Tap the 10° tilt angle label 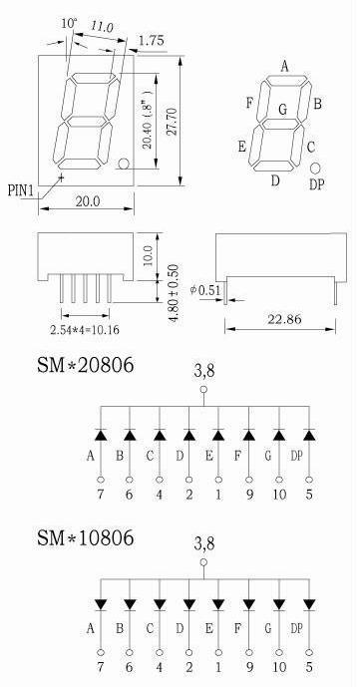(x=69, y=23)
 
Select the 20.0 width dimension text (x=88, y=201)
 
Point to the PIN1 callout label (x=21, y=191)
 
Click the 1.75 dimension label (x=152, y=41)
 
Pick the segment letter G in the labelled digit (x=283, y=109)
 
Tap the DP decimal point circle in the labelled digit (x=315, y=169)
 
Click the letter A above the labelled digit (x=285, y=67)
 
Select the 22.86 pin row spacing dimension (x=284, y=319)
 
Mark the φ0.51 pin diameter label (x=207, y=290)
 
